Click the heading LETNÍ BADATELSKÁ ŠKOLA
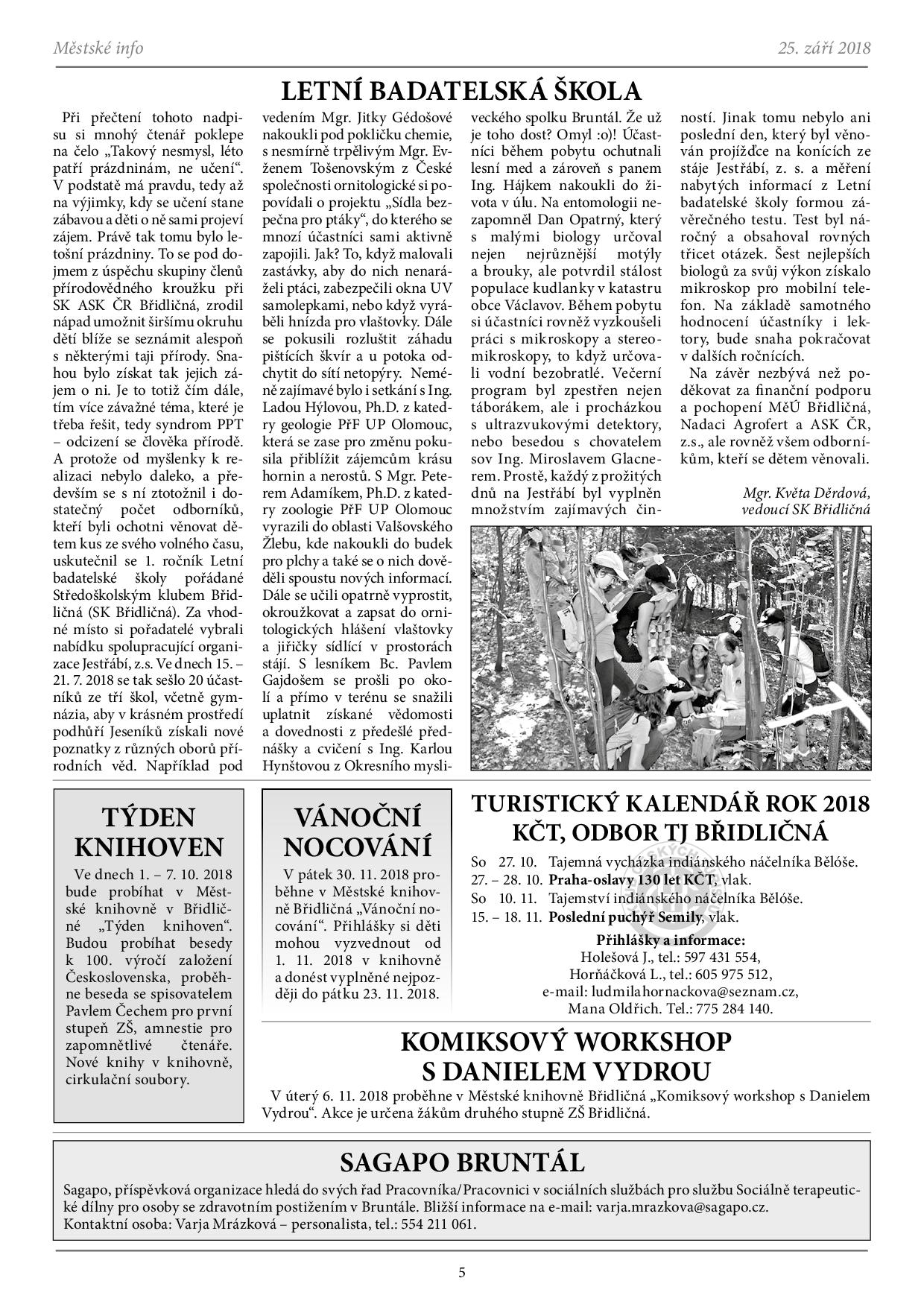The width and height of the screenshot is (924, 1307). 461,91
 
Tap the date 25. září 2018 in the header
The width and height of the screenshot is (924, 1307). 823,48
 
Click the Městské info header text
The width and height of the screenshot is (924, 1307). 98,48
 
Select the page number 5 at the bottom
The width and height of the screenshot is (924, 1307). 462,1272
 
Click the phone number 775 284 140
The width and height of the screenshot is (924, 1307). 733,1009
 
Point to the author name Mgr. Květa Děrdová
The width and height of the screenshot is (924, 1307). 806,493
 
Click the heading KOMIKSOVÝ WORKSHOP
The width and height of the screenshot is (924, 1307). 566,1041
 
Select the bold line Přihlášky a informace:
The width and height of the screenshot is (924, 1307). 671,940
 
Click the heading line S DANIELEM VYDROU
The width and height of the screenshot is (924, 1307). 566,1072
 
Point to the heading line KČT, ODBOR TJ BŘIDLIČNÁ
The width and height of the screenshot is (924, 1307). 671,832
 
